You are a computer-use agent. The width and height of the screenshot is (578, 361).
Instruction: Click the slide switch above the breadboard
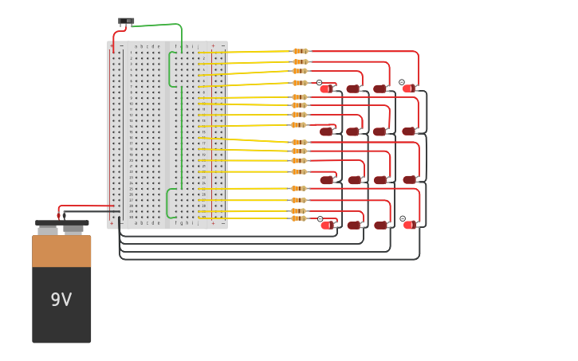(x=126, y=22)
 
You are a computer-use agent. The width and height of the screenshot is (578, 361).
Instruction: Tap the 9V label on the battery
(x=61, y=300)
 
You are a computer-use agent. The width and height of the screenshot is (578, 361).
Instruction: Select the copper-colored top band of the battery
(x=61, y=251)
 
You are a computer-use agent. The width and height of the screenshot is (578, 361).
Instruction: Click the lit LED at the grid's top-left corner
(x=326, y=88)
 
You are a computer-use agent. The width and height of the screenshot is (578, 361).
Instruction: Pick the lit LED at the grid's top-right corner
(x=408, y=88)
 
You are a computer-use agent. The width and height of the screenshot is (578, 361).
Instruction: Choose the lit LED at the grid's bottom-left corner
(x=326, y=225)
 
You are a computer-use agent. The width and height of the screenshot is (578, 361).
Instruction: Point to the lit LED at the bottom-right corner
(x=408, y=225)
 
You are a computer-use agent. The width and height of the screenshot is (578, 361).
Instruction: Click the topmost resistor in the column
(x=300, y=51)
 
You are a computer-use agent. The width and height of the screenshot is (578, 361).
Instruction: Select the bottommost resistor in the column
(x=298, y=218)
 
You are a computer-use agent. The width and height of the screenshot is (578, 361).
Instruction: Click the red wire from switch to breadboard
(x=115, y=37)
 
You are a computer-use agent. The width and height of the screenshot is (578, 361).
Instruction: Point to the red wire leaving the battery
(x=88, y=206)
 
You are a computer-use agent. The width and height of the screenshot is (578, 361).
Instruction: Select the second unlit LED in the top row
(x=353, y=88)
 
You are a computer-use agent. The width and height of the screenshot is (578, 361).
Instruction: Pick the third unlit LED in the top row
(x=380, y=88)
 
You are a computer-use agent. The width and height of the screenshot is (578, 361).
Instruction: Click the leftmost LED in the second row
(x=326, y=131)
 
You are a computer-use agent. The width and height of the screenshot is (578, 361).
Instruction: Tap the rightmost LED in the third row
(x=409, y=179)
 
